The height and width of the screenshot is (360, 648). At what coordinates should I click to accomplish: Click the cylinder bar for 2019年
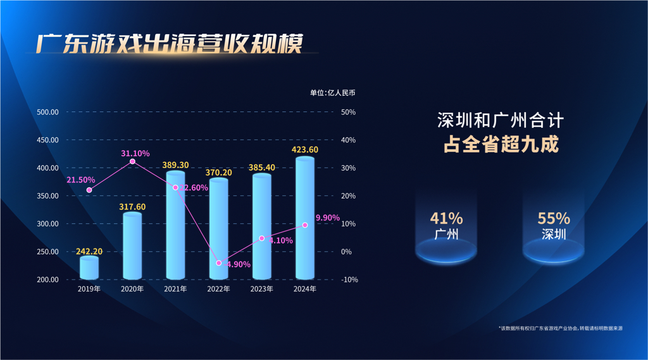(89, 268)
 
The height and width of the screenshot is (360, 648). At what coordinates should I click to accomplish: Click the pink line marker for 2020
(132, 162)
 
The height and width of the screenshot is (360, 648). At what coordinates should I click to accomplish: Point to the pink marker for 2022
(219, 263)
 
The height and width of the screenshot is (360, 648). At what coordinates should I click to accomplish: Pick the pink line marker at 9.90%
(305, 225)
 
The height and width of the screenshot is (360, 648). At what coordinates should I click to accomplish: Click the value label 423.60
(305, 150)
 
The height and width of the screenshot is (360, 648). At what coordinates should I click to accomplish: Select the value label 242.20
(89, 251)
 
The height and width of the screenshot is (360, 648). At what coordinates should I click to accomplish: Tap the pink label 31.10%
(135, 153)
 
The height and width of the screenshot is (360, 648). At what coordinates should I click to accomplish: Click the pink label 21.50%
(80, 180)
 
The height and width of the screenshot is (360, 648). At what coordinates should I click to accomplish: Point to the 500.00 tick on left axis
(48, 112)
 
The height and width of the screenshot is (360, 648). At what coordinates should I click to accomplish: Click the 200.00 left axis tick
(48, 280)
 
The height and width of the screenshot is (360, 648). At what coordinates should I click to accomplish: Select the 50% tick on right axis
(348, 112)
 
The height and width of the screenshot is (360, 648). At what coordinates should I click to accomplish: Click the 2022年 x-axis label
(219, 289)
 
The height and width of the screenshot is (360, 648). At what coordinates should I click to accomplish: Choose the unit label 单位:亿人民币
(332, 93)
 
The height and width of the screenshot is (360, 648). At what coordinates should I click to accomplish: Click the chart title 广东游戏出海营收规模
(170, 44)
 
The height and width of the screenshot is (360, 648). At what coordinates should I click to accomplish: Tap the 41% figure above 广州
(446, 218)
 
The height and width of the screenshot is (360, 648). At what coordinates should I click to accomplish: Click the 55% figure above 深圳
(554, 218)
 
